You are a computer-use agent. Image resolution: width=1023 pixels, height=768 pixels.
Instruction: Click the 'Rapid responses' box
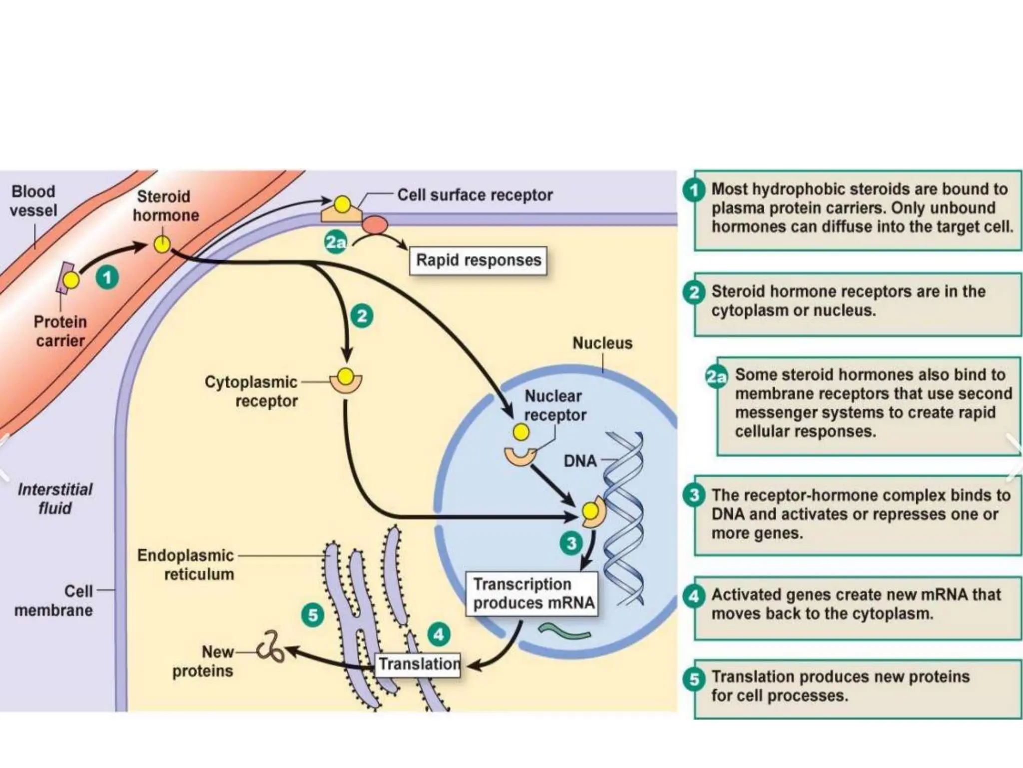coord(478,260)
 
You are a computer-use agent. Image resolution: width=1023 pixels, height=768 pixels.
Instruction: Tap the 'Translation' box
coord(418,664)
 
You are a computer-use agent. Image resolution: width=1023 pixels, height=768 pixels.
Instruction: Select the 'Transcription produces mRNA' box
coord(532,593)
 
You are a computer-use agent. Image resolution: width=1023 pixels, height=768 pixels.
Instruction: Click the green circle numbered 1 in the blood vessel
coord(107,277)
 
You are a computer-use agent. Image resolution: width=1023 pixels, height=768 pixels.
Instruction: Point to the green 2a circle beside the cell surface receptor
coord(336,242)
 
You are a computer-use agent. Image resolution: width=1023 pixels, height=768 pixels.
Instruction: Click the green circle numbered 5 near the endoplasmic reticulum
coord(313,615)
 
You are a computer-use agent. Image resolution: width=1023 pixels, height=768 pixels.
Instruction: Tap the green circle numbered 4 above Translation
coord(439,634)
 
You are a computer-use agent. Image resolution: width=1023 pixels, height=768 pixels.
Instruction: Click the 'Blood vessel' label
coord(33,201)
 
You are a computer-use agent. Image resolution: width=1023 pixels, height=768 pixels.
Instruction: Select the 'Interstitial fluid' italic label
coord(55,498)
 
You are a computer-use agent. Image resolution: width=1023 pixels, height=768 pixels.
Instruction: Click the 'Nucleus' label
coord(602,343)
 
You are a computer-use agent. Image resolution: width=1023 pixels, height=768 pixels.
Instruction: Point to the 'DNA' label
coord(580,460)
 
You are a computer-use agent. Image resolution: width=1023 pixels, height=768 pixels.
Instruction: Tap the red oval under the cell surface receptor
coord(375,225)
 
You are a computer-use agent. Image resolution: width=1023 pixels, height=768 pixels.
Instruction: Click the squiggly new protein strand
coord(270,647)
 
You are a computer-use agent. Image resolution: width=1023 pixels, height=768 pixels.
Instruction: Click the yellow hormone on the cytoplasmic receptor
coord(345,375)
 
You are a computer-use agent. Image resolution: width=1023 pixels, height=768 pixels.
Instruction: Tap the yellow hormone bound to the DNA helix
coord(590,511)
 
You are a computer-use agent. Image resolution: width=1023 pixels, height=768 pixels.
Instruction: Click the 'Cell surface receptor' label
coord(475,195)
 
